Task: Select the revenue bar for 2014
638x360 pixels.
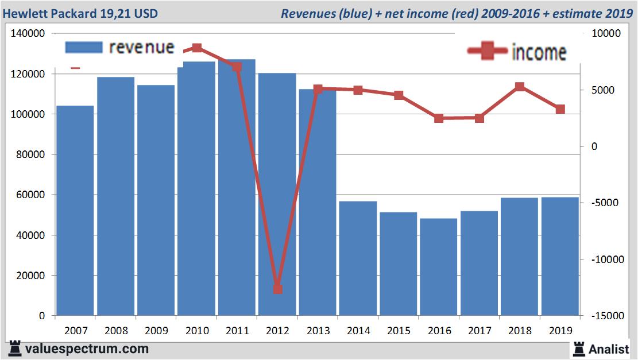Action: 358,258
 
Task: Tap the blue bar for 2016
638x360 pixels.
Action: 439,266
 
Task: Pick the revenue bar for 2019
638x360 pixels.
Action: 560,256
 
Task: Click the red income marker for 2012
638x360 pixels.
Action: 278,289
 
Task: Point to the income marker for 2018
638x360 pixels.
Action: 520,87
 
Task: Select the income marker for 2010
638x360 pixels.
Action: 197,48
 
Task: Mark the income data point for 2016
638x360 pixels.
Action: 439,118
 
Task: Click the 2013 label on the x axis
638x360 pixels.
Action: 318,331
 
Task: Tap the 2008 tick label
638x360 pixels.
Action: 116,331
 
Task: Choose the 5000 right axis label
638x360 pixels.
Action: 603,90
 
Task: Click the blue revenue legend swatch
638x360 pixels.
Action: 83,47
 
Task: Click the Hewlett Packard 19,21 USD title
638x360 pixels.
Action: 80,13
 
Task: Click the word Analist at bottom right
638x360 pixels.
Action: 609,349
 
